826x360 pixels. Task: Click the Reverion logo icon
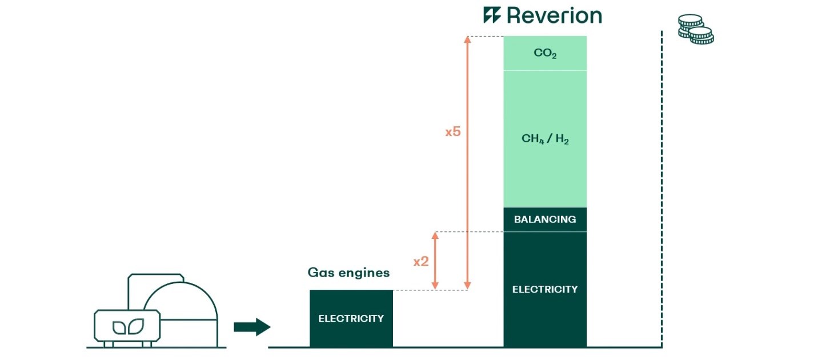point(492,15)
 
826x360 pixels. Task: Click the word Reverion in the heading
point(554,15)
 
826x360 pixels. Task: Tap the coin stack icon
point(695,30)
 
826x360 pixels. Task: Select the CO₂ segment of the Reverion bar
point(545,54)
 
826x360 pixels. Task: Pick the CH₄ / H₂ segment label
point(545,139)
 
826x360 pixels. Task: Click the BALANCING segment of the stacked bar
point(545,219)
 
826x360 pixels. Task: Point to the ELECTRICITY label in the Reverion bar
point(545,289)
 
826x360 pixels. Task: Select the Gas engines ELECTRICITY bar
point(351,318)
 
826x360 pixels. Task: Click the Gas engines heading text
point(348,273)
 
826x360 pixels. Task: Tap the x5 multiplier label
point(453,131)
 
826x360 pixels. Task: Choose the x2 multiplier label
point(421,261)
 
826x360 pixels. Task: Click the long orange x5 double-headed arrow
point(468,171)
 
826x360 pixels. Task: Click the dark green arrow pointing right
point(252,327)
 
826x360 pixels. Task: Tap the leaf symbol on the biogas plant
point(127,327)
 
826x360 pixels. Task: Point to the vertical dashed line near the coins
point(661,189)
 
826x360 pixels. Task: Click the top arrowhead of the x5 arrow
point(468,40)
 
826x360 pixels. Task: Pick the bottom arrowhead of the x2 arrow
point(435,285)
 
